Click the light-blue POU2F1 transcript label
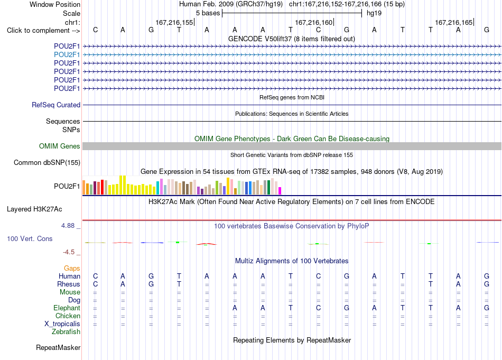[67, 55]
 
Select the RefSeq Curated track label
[56, 105]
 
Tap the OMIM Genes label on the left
[60, 146]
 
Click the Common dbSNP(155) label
[47, 163]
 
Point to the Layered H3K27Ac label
[34, 209]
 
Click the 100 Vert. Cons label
[30, 239]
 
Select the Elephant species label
[67, 308]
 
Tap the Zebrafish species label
[66, 332]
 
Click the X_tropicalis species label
[62, 324]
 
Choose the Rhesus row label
[69, 284]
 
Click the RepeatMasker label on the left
[58, 348]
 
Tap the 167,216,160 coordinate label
[314, 23]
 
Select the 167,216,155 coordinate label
[174, 23]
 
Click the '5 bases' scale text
[208, 13]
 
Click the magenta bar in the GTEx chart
[280, 191]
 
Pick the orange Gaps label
[72, 269]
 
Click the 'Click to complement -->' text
[43, 31]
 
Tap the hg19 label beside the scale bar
[374, 13]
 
